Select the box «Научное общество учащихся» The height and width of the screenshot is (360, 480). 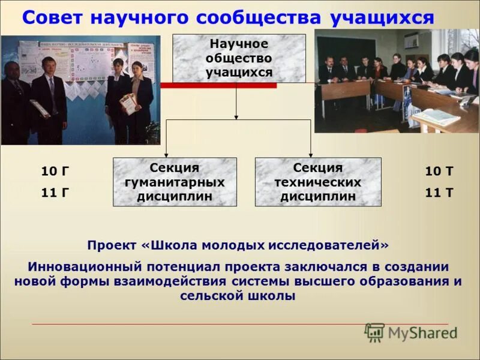pyautogui.click(x=239, y=58)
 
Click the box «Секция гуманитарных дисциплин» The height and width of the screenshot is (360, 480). pyautogui.click(x=175, y=182)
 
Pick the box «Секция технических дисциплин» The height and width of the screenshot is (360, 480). pyautogui.click(x=317, y=182)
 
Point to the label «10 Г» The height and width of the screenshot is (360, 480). pyautogui.click(x=55, y=172)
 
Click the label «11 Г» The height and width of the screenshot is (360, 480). pyautogui.click(x=55, y=193)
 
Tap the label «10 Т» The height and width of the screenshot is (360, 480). pyautogui.click(x=439, y=172)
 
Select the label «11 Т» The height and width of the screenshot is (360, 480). pyautogui.click(x=439, y=193)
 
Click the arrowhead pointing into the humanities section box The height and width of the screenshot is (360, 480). pyautogui.click(x=166, y=154)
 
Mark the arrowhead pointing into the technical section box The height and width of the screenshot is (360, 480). pyautogui.click(x=310, y=154)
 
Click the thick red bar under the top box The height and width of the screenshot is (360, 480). pyautogui.click(x=218, y=86)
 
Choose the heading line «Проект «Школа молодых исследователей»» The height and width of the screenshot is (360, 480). pyautogui.click(x=238, y=245)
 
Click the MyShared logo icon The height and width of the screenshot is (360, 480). pyautogui.click(x=374, y=332)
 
